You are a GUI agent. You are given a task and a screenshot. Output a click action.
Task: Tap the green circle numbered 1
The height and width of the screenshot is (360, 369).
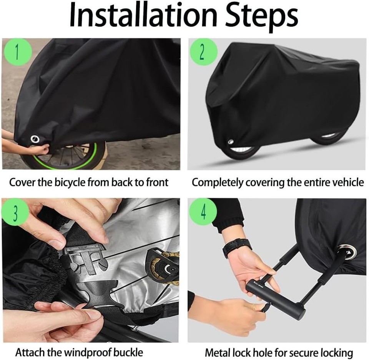tap(16, 52)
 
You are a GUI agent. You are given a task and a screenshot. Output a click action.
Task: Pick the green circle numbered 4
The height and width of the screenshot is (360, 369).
tap(203, 212)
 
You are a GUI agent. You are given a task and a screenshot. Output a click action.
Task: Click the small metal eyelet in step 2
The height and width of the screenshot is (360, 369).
tap(230, 141)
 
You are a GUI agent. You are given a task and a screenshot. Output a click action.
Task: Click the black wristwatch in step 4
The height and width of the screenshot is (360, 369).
tap(236, 247)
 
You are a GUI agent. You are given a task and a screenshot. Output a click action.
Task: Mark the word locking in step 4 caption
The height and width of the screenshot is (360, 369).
tap(336, 352)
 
